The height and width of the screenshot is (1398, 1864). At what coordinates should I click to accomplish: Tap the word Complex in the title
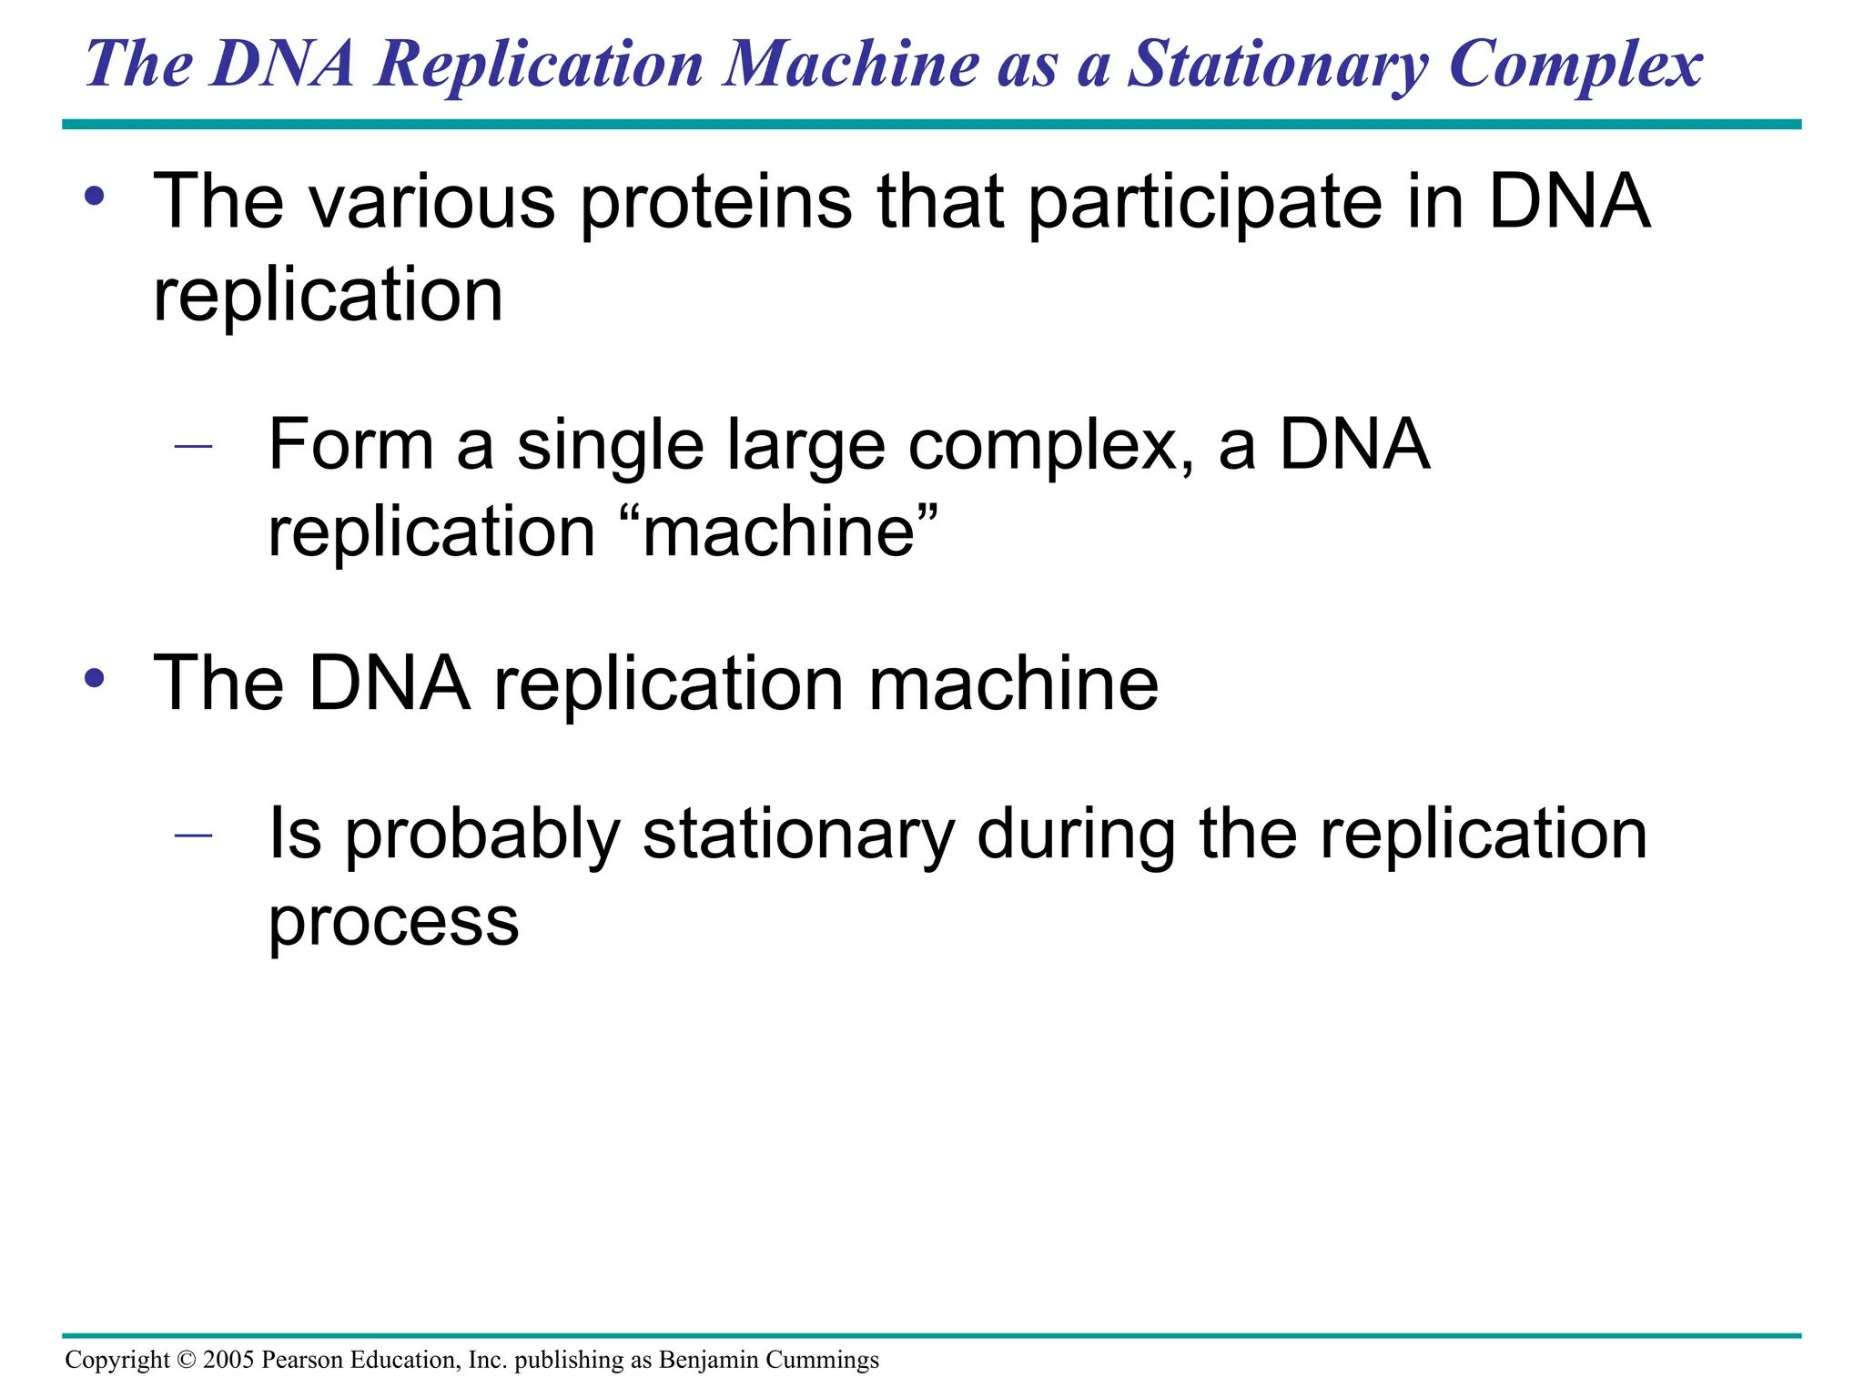(x=1575, y=66)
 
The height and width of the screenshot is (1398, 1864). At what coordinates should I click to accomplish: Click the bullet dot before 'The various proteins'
(x=95, y=197)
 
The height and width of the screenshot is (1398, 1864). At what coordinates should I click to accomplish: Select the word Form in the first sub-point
(x=350, y=445)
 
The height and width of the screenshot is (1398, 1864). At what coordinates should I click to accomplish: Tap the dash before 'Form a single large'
(x=193, y=446)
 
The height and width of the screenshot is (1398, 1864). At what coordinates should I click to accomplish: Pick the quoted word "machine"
(x=779, y=532)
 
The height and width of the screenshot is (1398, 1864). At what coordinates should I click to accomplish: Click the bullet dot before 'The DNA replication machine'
(x=95, y=679)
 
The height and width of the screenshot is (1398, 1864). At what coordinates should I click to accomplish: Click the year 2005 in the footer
(x=228, y=1360)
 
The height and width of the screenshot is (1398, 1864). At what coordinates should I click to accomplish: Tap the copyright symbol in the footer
(x=186, y=1360)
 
